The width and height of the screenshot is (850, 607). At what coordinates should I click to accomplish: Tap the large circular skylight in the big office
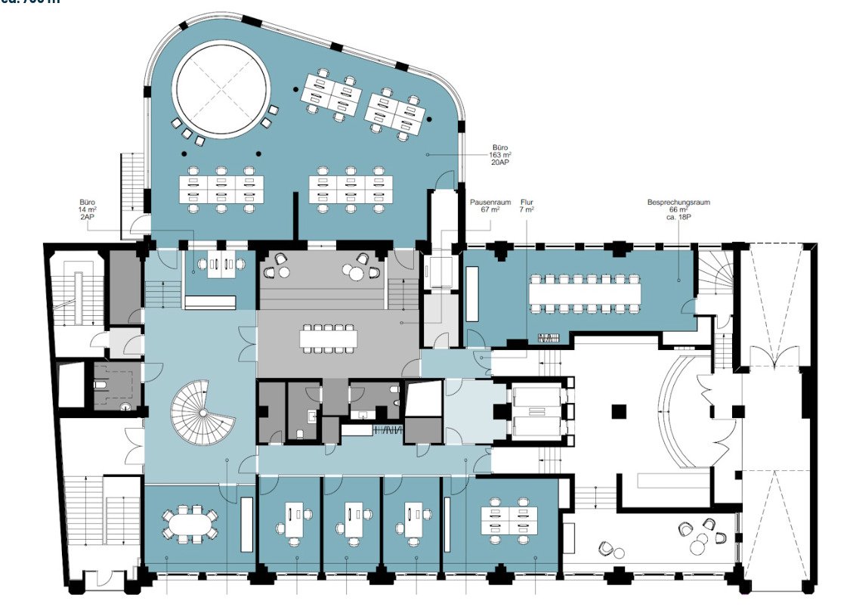(x=221, y=89)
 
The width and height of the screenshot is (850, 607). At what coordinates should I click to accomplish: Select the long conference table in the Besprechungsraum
(x=585, y=291)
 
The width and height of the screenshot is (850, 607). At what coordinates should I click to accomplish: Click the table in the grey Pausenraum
(x=329, y=337)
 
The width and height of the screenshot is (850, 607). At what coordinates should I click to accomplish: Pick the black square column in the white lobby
(x=619, y=412)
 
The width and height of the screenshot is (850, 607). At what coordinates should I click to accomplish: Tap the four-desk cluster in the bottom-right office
(x=510, y=519)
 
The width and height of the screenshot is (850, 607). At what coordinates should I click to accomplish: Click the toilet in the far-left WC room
(x=101, y=384)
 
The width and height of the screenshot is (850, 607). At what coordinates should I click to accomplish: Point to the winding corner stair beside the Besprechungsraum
(x=714, y=273)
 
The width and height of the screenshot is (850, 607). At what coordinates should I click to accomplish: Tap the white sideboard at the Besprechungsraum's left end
(x=472, y=290)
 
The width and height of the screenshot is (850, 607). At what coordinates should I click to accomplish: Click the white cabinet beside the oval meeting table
(x=246, y=523)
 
